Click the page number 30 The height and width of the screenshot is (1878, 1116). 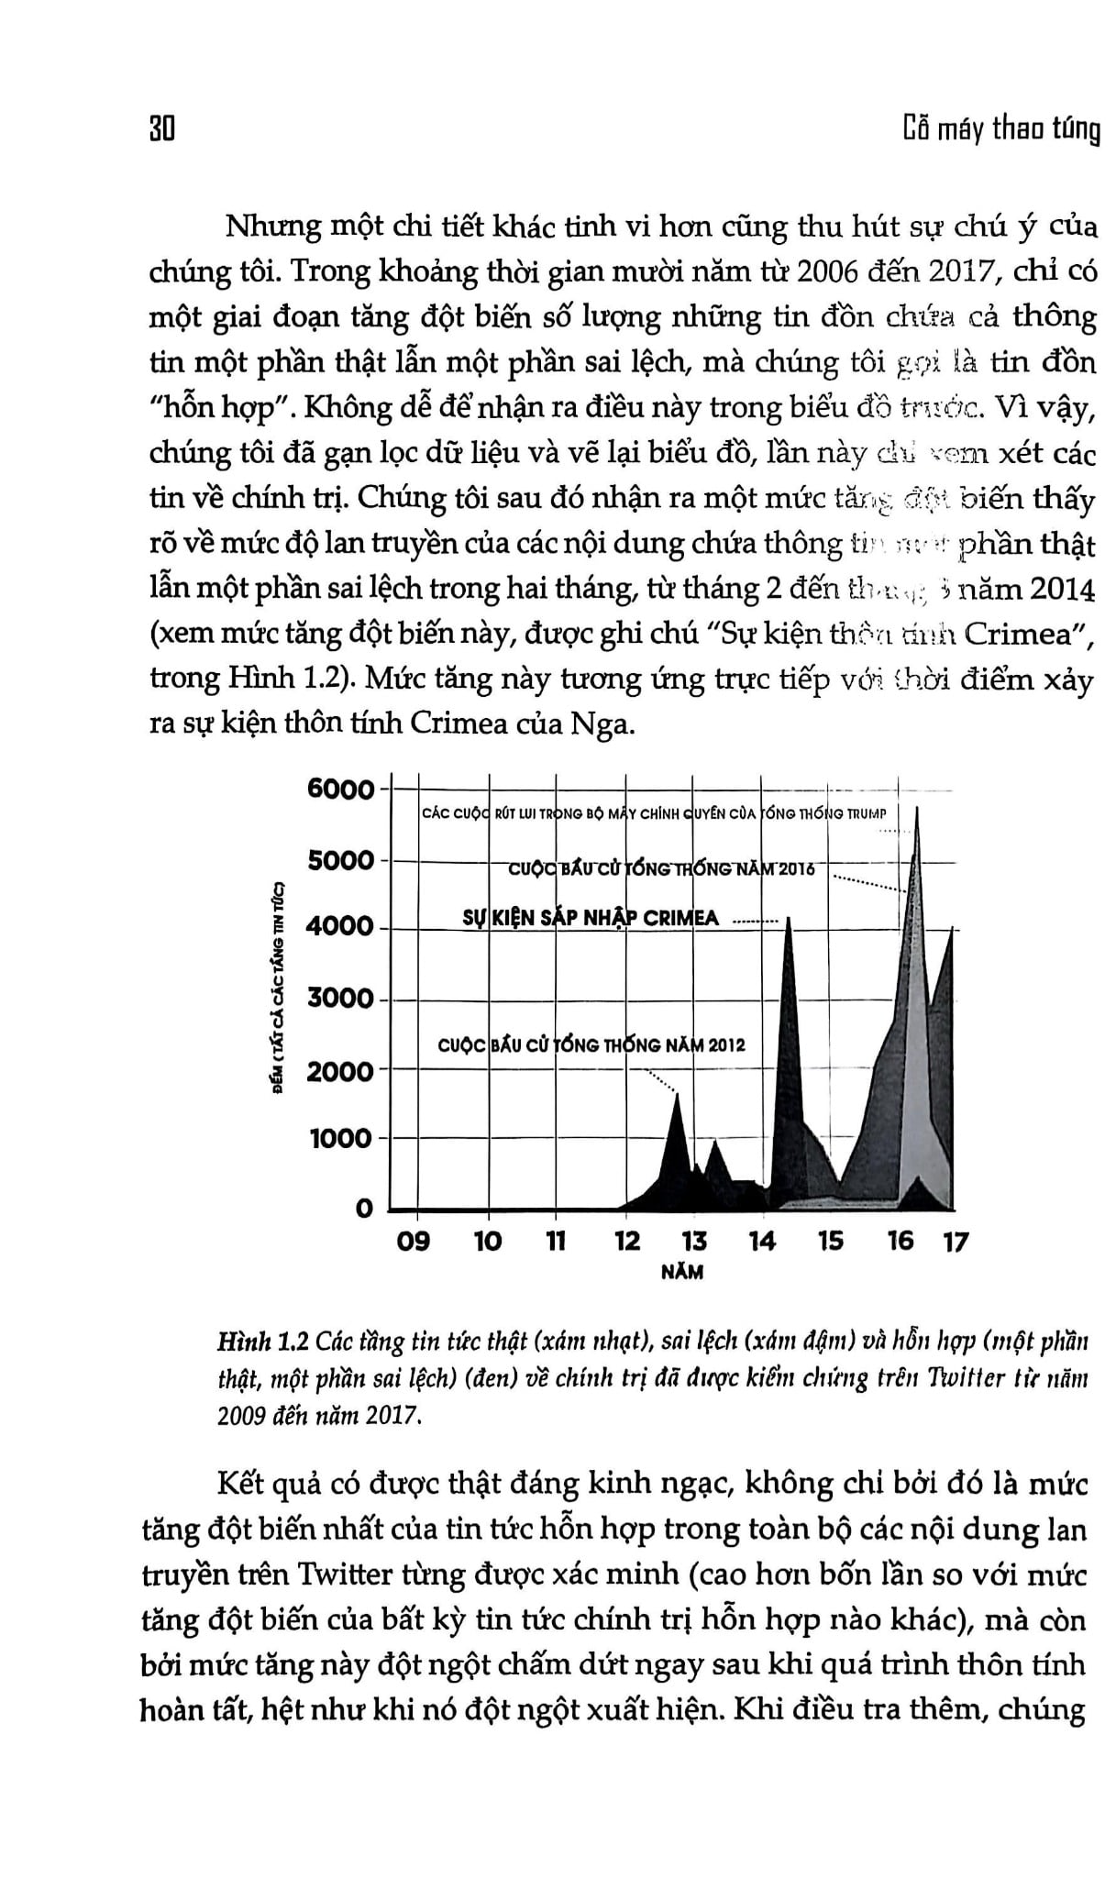click(161, 131)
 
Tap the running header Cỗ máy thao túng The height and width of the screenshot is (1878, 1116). click(1000, 131)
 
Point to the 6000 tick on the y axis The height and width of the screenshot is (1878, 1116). click(340, 790)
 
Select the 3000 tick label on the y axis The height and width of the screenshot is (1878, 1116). click(340, 999)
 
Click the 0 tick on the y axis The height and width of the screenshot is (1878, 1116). click(365, 1209)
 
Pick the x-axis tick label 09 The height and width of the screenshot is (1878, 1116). click(412, 1242)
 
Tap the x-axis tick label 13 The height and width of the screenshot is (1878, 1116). click(694, 1242)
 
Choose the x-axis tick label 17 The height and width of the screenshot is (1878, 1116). click(956, 1242)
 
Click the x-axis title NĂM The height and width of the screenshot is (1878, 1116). click(681, 1273)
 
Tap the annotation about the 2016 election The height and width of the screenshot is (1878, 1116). click(661, 868)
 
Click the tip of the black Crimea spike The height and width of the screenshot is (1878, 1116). click(789, 918)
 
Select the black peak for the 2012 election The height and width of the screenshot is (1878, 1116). click(677, 1096)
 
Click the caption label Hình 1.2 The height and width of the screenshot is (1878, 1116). click(262, 1344)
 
